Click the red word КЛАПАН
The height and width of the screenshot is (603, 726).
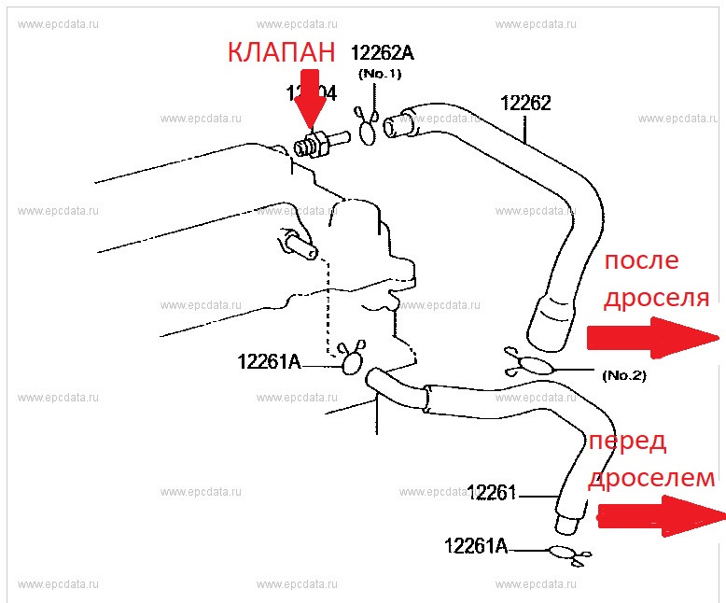coord(281,52)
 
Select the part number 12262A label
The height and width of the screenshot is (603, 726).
coord(383,52)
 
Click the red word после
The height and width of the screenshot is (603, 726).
coord(641,260)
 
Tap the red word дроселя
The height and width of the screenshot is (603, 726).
coord(656,298)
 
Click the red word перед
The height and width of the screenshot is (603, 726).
coord(627,442)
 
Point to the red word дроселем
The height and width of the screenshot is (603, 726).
coord(651,479)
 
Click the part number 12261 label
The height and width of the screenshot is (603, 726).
coord(492,492)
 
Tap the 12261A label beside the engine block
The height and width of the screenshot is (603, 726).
coord(270,361)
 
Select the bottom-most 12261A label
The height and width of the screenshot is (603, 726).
coord(476,546)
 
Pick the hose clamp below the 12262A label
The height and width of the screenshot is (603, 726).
coord(367,128)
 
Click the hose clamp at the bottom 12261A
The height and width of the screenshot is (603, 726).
coord(567,553)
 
